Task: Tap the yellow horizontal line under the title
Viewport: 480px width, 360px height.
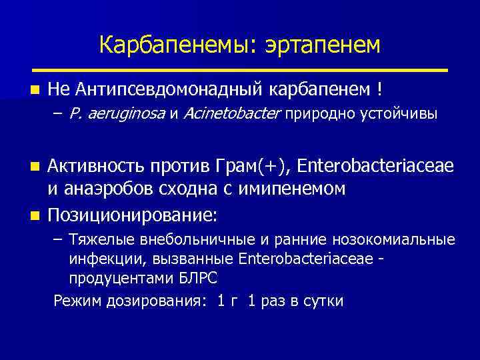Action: tap(240, 69)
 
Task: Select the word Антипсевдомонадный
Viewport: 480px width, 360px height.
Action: tap(171, 89)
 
